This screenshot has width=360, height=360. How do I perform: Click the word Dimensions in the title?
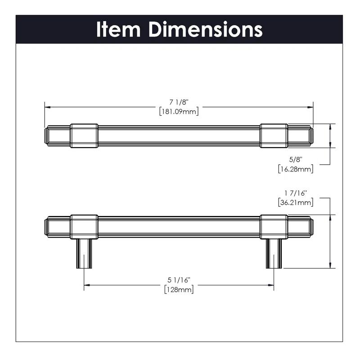[x=206, y=30]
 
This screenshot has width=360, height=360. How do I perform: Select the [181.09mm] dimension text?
[x=179, y=111]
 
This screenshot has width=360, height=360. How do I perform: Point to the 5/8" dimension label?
[x=296, y=160]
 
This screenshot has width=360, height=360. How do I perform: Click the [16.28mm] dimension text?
[x=296, y=169]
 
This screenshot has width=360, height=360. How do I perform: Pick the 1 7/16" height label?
[x=296, y=193]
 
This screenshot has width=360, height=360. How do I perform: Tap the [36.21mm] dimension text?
[x=296, y=202]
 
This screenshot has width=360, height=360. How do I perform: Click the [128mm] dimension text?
[x=179, y=290]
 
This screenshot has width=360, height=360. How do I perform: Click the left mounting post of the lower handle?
[x=84, y=253]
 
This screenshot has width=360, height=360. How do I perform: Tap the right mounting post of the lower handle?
[x=274, y=253]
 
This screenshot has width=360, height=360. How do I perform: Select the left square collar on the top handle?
[x=84, y=135]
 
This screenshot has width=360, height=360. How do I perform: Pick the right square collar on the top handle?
[x=274, y=135]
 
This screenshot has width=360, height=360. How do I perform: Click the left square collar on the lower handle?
[x=84, y=226]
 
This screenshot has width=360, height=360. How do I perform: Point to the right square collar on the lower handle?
[x=274, y=226]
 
